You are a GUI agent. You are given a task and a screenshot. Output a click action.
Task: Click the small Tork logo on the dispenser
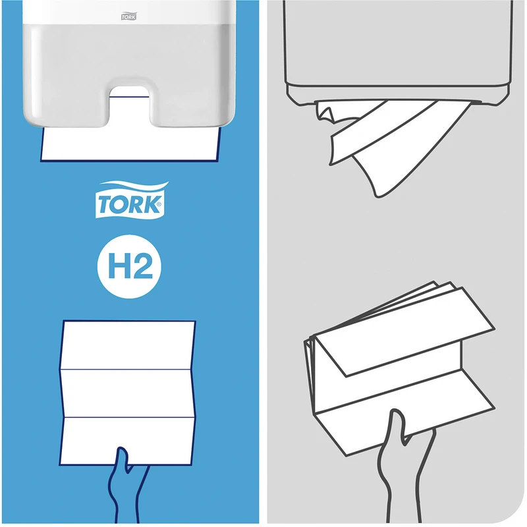pyautogui.click(x=128, y=16)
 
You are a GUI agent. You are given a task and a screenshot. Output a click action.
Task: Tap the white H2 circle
pyautogui.click(x=129, y=266)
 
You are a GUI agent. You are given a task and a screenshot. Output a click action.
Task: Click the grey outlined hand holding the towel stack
pyautogui.click(x=405, y=467)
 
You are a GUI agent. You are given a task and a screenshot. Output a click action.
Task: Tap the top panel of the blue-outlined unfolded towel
pyautogui.click(x=128, y=345)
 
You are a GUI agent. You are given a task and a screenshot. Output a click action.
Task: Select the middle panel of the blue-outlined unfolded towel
pyautogui.click(x=128, y=393)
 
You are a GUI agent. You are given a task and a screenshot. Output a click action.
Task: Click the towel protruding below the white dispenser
pyautogui.click(x=130, y=144)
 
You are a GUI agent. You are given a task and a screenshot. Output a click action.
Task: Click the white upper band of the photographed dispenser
pyautogui.click(x=128, y=12)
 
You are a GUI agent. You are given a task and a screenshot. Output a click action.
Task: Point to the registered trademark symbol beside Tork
pyautogui.click(x=158, y=204)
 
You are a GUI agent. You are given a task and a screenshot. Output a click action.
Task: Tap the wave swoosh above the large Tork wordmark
pyautogui.click(x=134, y=186)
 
